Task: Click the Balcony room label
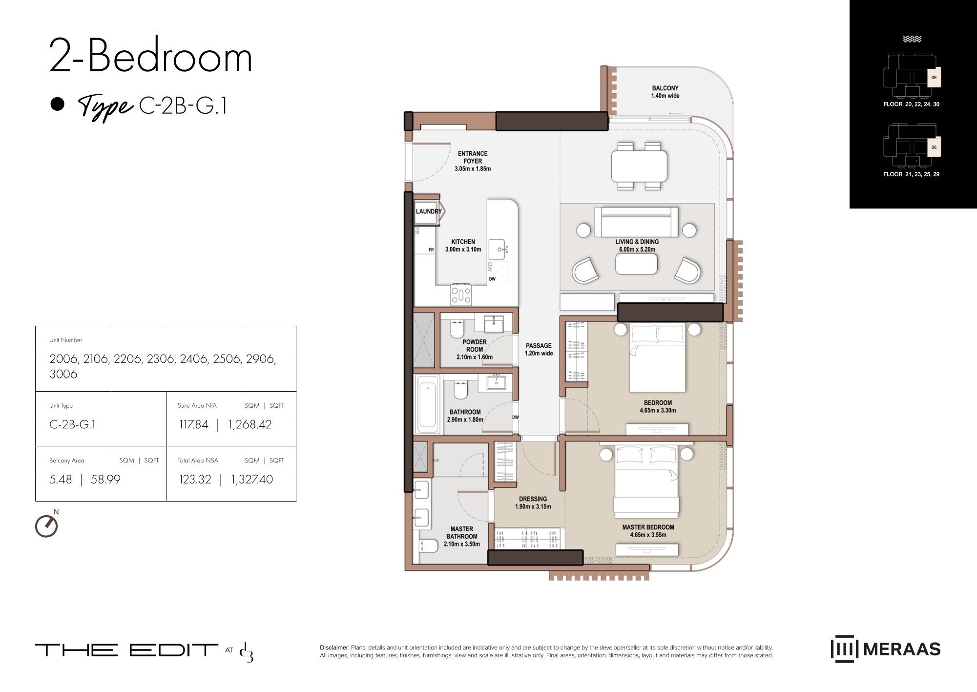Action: point(665,92)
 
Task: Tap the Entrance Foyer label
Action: point(473,161)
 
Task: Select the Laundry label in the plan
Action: point(429,211)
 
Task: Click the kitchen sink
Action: point(498,249)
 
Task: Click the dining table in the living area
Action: point(639,166)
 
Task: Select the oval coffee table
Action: point(636,265)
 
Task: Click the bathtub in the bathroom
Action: point(428,405)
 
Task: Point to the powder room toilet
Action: point(457,330)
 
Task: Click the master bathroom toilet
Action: point(429,545)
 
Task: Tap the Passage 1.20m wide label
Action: point(539,349)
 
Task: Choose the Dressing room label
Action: point(533,503)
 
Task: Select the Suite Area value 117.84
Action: point(193,424)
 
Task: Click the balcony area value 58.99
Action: point(105,480)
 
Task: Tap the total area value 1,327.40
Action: point(252,480)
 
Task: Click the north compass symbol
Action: point(47,525)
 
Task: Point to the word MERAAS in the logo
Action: point(902,649)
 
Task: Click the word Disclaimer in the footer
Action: point(334,648)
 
